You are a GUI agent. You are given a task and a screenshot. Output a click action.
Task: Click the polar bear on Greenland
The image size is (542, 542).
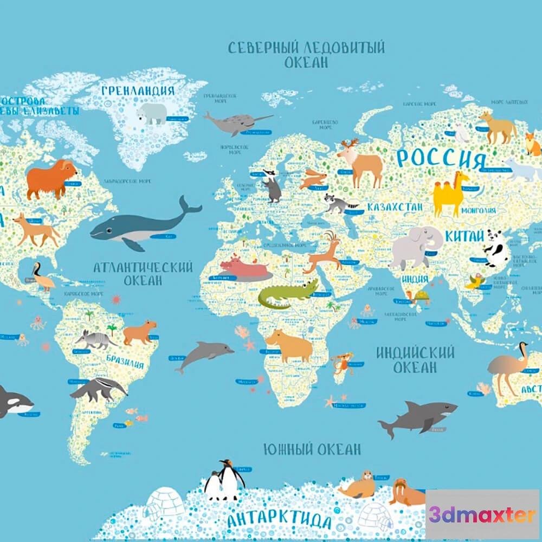click(152, 113)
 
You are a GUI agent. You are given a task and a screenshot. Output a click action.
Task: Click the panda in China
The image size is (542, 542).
click(496, 248)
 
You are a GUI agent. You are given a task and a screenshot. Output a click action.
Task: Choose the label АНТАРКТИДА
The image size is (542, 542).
click(279, 520)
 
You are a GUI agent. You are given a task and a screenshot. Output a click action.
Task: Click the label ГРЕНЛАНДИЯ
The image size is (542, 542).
click(138, 91)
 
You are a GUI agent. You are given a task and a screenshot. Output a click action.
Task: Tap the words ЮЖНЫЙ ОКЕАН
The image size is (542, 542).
click(312, 449)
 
